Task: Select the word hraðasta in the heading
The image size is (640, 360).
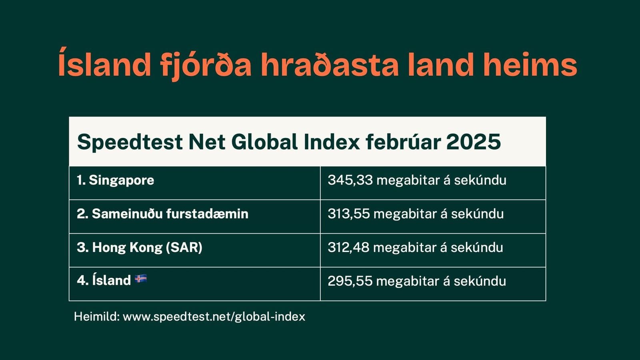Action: (x=330, y=65)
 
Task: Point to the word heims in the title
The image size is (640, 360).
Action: (x=530, y=65)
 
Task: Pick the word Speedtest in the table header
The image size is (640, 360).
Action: (x=130, y=142)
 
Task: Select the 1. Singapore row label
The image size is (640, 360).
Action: (x=116, y=180)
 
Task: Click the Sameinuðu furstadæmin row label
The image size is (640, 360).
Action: (x=162, y=214)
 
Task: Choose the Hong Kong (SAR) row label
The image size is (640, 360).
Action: (x=140, y=248)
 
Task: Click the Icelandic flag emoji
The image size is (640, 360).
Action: (x=141, y=279)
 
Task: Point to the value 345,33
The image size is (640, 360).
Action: (x=350, y=180)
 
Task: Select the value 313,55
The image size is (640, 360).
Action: (x=348, y=214)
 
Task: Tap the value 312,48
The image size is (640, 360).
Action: (x=348, y=248)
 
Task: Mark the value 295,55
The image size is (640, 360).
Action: (x=350, y=281)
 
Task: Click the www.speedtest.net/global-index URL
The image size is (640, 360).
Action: (x=214, y=317)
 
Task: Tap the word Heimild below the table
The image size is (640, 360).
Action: (x=96, y=317)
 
